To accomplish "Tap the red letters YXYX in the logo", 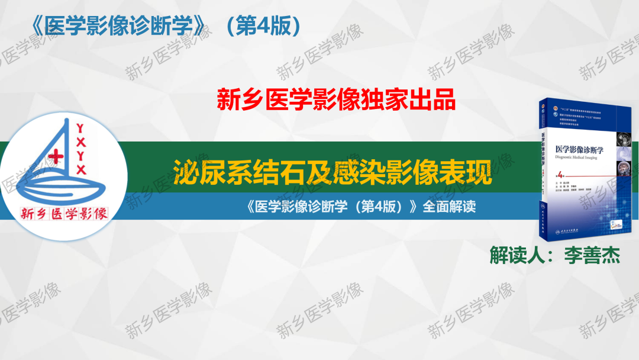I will tap(81, 148).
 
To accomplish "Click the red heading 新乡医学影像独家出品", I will tap(337, 100).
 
